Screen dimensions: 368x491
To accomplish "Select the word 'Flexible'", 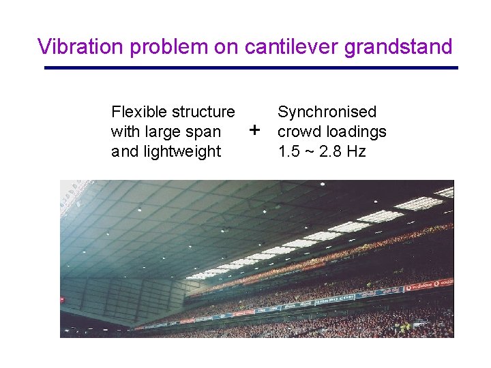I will [138, 112].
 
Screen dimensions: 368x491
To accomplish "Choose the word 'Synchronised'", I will [327, 112].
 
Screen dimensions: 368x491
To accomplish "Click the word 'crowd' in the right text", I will [299, 132].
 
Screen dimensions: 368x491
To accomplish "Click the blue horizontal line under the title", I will [251, 67].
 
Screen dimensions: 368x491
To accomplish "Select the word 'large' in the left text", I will [164, 132].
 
